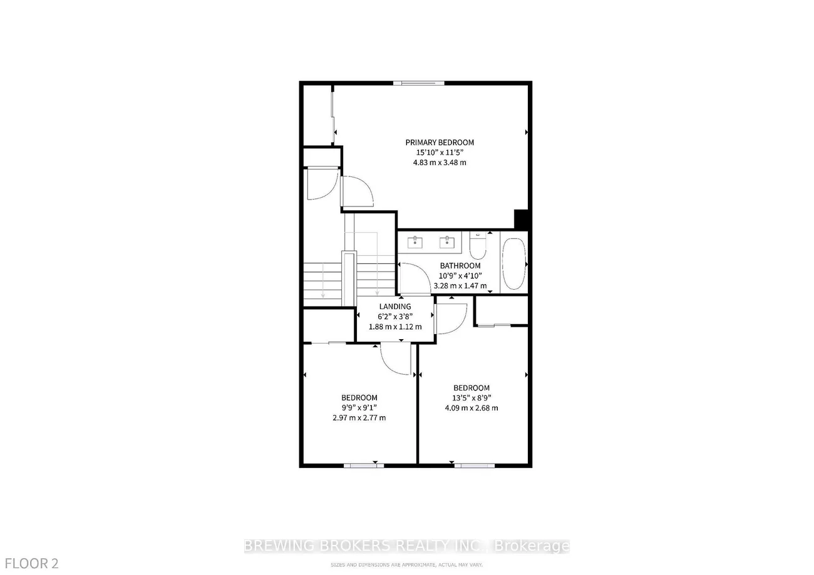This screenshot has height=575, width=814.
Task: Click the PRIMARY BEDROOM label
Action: pos(439,143)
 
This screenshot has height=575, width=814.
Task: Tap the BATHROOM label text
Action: pos(460,266)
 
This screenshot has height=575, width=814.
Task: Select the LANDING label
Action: pos(395,307)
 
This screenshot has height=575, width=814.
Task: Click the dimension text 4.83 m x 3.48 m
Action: pos(439,163)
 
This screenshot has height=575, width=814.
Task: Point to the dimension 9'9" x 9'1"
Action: pos(359,408)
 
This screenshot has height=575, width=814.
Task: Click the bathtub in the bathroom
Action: pos(513,264)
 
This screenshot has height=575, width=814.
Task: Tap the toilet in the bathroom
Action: pos(477,248)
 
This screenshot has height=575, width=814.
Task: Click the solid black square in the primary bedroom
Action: pos(522,219)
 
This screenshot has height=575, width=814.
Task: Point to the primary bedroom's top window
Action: pos(419,83)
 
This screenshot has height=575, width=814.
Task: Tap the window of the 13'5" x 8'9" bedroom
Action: pos(474,464)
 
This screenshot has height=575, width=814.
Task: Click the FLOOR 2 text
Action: pos(29,563)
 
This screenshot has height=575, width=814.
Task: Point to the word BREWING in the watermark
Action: pos(275,546)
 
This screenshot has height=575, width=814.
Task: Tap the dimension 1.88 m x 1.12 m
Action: pos(395,327)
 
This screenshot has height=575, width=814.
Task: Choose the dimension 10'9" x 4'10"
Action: pos(460,276)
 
